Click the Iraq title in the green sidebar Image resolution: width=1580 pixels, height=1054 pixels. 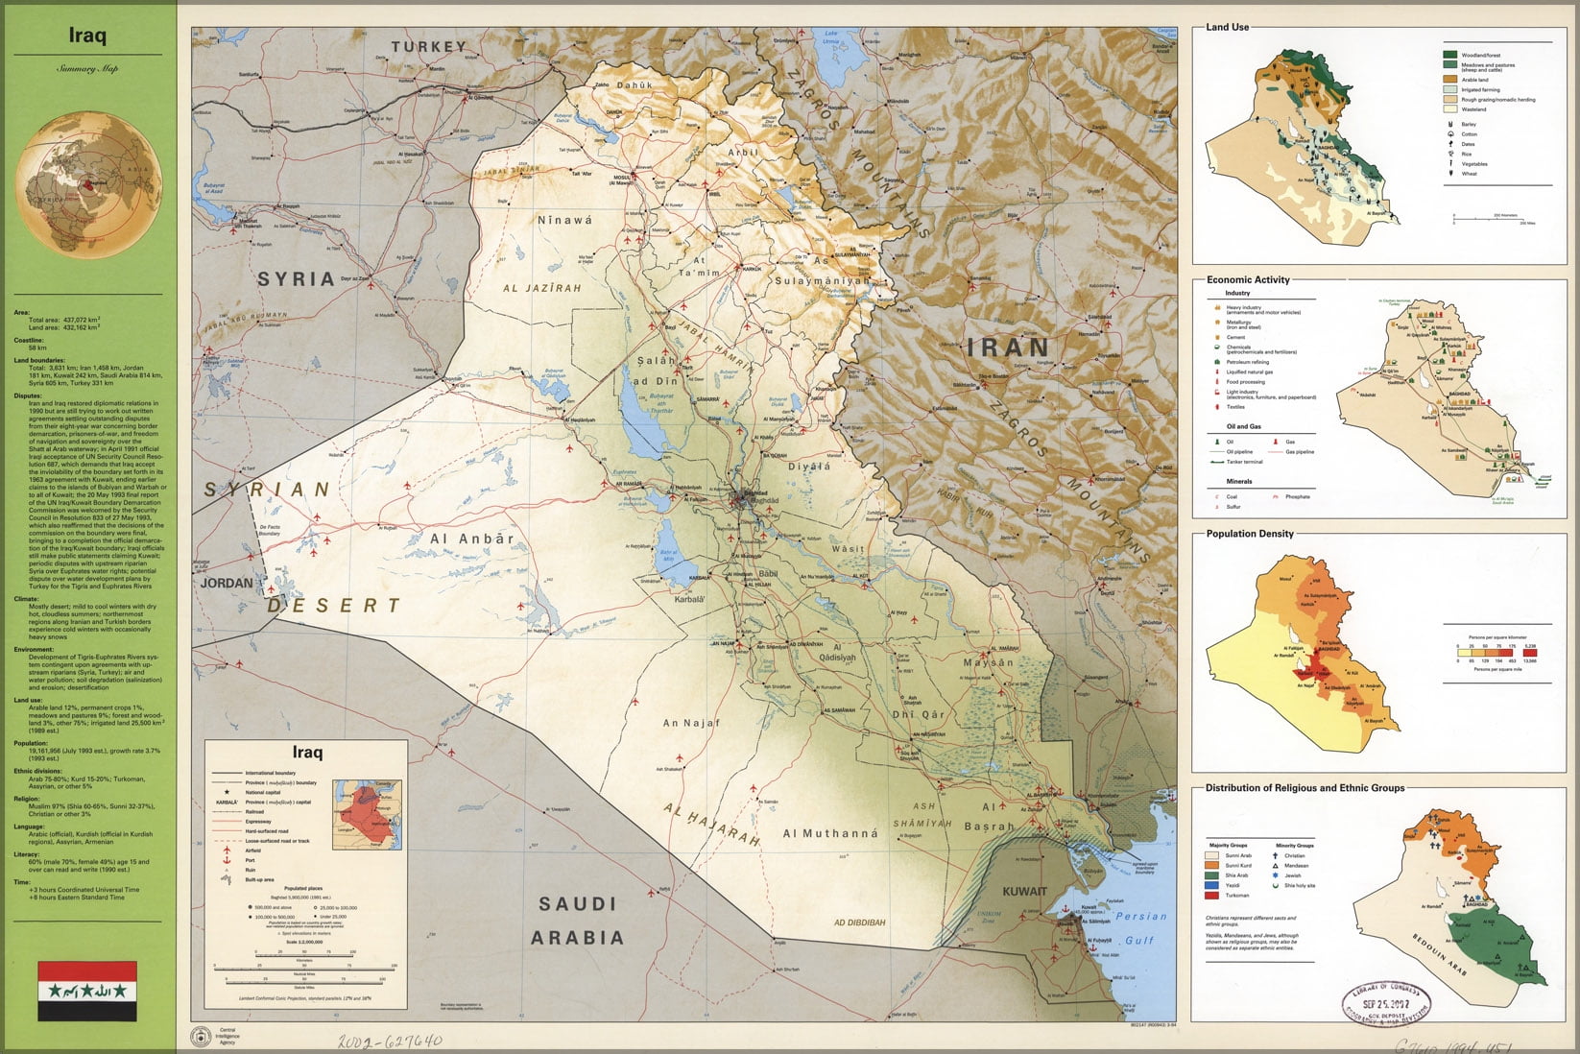pos(87,37)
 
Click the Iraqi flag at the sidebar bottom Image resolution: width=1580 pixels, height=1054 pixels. pos(87,991)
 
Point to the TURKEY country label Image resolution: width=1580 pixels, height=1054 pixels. pos(428,46)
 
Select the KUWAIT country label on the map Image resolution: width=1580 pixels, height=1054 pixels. pos(1024,891)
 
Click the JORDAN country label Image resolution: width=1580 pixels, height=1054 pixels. pos(227,583)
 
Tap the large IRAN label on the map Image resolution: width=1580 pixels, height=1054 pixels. pos(1007,347)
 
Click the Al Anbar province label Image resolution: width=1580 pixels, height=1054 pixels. pos(472,539)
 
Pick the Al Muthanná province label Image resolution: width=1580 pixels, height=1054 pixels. pos(830,833)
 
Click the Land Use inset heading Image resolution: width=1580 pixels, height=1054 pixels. pos(1227,28)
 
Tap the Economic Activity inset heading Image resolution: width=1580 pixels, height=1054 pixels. pos(1248,280)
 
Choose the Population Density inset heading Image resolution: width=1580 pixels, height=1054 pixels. pos(1250,534)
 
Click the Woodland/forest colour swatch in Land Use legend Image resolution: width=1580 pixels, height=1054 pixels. pos(1449,56)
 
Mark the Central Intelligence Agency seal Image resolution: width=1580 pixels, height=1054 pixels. pos(201,1037)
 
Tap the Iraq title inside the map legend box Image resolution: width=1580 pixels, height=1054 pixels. pos(307,753)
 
